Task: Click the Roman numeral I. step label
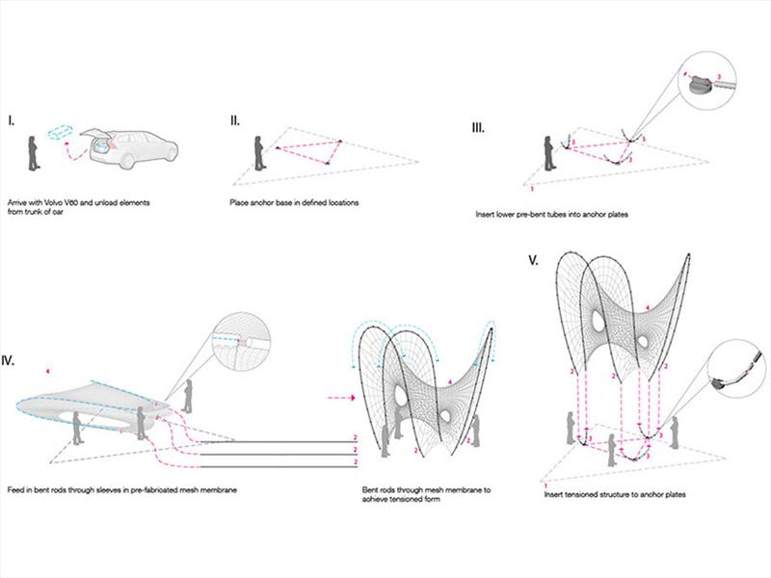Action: click(12, 121)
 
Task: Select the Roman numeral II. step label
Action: click(235, 121)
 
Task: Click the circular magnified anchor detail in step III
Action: click(713, 79)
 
